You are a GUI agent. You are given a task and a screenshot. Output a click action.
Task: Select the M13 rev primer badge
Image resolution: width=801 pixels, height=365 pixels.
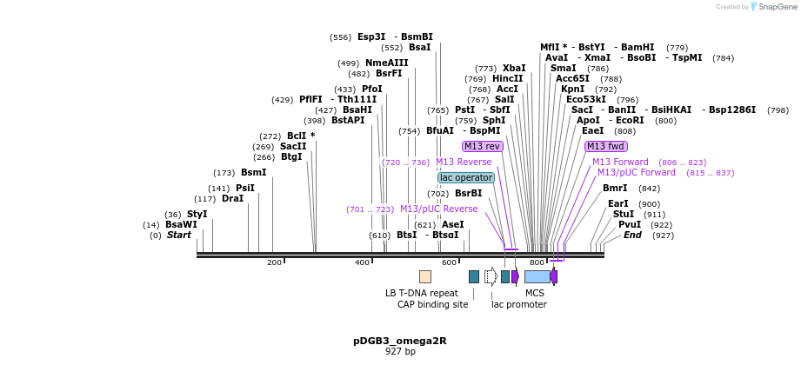tap(482, 146)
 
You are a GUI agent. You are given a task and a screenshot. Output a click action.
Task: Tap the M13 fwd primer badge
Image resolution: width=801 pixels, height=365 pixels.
tap(605, 146)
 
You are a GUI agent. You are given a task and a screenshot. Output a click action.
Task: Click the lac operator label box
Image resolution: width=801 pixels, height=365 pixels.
tap(466, 177)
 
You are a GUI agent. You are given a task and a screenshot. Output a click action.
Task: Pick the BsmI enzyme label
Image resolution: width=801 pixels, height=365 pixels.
tap(253, 172)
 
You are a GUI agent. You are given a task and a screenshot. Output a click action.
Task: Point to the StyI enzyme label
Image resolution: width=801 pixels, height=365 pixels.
tap(197, 214)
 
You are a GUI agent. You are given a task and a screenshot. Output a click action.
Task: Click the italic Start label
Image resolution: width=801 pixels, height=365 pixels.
tap(178, 235)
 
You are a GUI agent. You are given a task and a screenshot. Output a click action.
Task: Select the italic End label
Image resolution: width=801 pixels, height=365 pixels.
tap(632, 235)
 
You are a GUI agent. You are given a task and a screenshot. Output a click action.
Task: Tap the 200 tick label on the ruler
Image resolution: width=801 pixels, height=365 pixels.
tap(274, 262)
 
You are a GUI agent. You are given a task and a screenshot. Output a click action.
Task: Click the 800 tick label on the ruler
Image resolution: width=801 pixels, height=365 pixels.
tap(537, 262)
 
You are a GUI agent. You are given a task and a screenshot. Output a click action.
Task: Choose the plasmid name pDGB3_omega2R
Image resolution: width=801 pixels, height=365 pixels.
tap(400, 341)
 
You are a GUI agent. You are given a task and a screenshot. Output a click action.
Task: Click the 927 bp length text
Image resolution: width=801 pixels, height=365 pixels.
tap(400, 352)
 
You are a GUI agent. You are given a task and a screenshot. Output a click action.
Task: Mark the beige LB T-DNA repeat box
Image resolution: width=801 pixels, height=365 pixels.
tap(425, 276)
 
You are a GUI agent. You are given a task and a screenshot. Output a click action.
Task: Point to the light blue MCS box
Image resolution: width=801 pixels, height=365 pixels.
tap(537, 276)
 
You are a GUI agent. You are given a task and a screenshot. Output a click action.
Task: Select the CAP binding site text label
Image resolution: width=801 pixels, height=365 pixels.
tap(432, 304)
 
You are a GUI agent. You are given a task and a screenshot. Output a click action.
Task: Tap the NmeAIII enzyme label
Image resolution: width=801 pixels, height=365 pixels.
tap(386, 63)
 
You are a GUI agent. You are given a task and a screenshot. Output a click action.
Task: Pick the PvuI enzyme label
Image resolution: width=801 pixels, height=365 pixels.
tap(630, 224)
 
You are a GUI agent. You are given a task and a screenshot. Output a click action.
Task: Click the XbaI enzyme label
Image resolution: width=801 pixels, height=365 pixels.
tap(514, 68)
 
